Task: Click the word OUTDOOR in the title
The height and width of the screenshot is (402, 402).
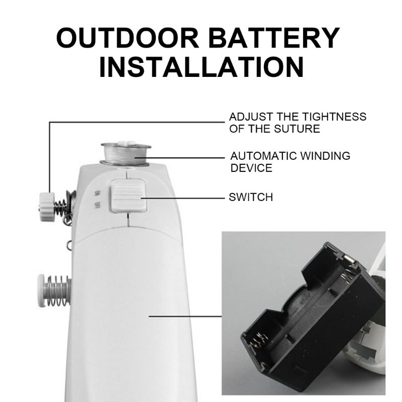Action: [128, 38]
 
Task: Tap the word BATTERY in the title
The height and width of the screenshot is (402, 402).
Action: [274, 38]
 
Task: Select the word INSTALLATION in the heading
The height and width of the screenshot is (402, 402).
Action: [202, 67]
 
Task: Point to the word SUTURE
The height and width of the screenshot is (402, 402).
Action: [297, 129]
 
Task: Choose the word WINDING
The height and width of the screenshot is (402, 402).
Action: [325, 156]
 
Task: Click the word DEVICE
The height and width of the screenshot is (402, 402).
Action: [251, 168]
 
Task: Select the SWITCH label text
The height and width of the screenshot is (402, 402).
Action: [251, 197]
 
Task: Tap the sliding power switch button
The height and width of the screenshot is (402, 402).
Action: [128, 196]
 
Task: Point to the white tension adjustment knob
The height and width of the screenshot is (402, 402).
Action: [47, 207]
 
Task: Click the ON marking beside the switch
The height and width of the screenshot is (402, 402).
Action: [96, 193]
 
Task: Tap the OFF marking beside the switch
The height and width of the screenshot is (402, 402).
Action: [97, 205]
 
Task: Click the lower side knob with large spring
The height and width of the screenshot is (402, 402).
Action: [54, 290]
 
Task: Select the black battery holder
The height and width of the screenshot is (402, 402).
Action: [312, 317]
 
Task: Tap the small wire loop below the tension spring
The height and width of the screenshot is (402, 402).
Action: [69, 246]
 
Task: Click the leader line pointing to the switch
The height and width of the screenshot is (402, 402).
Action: [183, 198]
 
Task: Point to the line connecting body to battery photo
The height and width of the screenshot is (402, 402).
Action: [185, 317]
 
